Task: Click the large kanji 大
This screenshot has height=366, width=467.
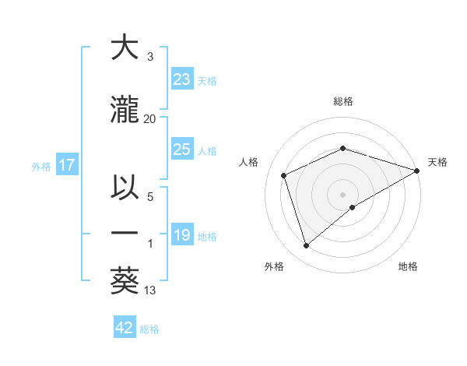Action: coord(125,48)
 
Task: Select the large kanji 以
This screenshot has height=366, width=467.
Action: coord(125,189)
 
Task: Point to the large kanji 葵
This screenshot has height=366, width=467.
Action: coord(125,280)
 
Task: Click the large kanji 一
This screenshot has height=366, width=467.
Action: coord(125,234)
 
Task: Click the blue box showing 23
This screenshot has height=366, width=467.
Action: coord(182,79)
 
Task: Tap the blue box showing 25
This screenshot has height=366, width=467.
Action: coord(182,150)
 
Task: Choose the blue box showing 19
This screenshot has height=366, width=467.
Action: coord(182,235)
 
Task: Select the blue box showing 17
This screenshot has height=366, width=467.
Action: coord(66,165)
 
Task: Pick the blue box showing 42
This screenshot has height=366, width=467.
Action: coord(125,328)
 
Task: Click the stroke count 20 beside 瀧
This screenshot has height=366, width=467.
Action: coord(150,119)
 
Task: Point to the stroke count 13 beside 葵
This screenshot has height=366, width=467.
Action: coord(150,290)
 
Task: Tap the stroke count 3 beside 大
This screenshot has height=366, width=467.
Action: coord(150,57)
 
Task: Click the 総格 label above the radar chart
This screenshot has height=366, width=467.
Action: coord(342,101)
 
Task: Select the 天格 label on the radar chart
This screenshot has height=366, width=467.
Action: coord(437,162)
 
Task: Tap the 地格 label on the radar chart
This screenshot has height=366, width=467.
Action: coord(408,266)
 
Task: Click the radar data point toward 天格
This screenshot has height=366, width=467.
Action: coord(417,170)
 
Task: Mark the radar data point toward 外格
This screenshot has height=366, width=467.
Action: coord(306,246)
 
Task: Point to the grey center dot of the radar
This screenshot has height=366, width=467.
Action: coord(342,194)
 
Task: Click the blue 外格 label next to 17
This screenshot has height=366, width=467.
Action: coord(41,166)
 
